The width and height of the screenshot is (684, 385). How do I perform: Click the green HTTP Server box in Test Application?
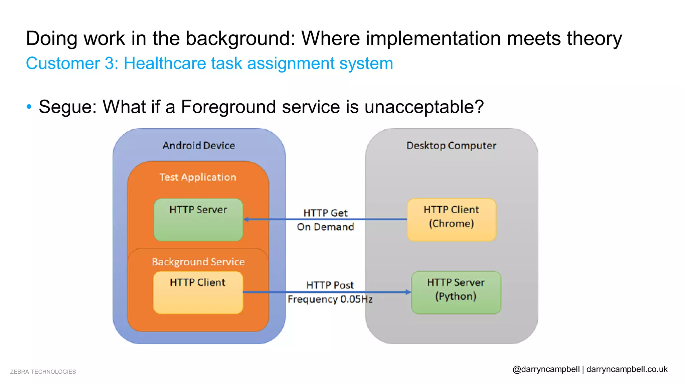(198, 220)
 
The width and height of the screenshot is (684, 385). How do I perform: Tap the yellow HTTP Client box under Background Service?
(198, 292)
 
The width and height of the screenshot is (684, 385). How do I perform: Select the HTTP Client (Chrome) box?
(451, 220)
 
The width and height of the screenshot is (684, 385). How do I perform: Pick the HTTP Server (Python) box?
(456, 292)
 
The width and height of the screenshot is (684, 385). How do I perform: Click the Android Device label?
(199, 146)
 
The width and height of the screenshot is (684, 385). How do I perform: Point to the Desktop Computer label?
(451, 146)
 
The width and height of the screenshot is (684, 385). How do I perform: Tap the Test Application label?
(198, 177)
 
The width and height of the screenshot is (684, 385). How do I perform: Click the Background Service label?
(198, 262)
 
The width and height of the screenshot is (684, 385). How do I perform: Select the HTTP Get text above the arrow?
(325, 213)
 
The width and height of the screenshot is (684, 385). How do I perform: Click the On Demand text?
(325, 227)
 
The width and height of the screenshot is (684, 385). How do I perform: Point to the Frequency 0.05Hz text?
(330, 299)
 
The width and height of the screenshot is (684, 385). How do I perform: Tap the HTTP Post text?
(330, 285)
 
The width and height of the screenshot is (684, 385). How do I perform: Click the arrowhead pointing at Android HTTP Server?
(246, 220)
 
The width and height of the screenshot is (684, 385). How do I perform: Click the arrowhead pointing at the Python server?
(408, 292)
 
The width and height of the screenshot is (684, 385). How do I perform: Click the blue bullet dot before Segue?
(29, 107)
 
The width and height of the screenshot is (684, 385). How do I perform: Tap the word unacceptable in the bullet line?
(423, 107)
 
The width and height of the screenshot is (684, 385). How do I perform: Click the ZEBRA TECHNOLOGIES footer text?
(43, 372)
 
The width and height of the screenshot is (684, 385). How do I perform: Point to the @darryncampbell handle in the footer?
(546, 369)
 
